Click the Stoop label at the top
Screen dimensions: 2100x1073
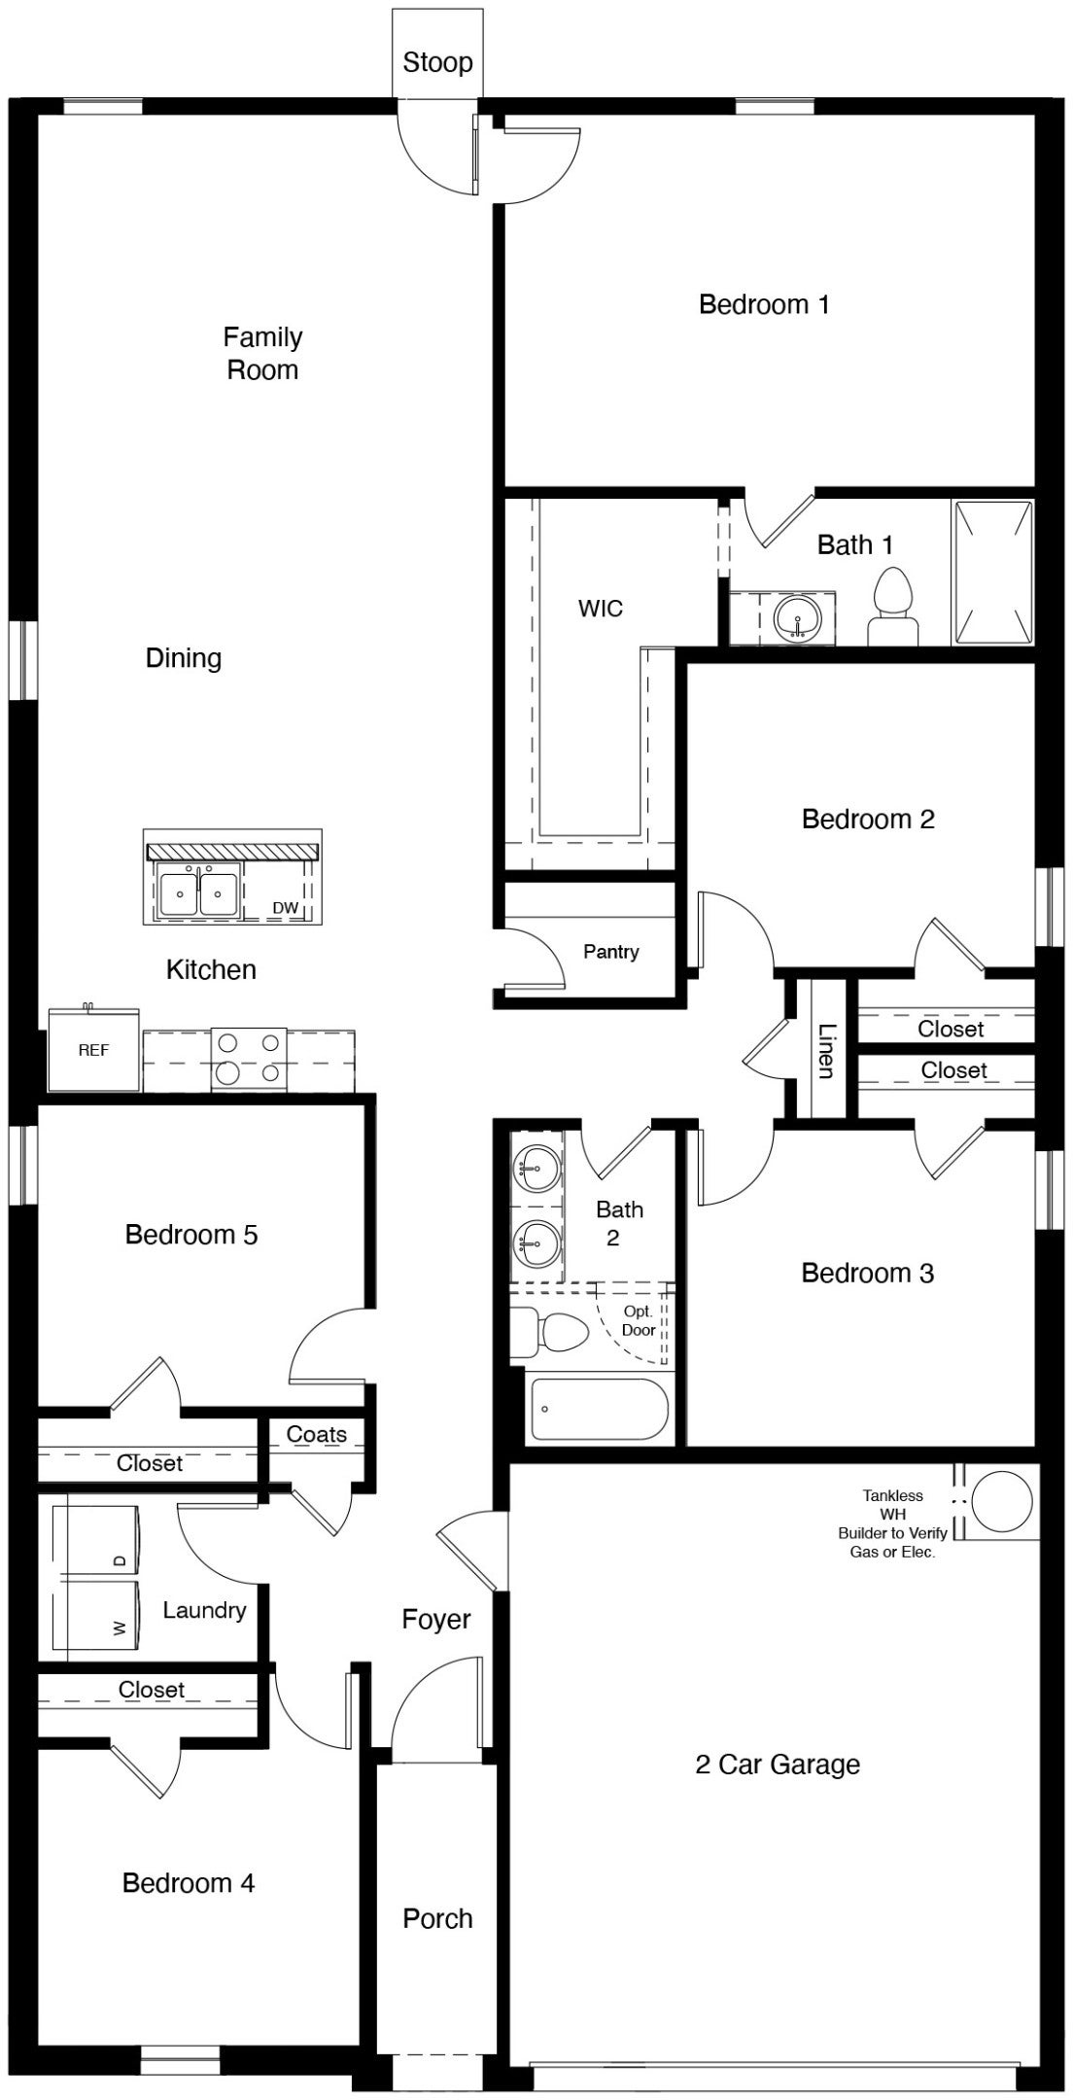(x=437, y=63)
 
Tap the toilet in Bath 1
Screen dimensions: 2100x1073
(x=892, y=608)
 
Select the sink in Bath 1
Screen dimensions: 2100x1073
(x=798, y=618)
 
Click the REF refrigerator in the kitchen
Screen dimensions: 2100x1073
(x=93, y=1050)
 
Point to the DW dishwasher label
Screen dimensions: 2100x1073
(x=285, y=908)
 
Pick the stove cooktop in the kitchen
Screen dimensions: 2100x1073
(x=249, y=1058)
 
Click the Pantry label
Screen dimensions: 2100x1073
(x=610, y=952)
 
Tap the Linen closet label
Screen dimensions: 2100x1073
(x=825, y=1050)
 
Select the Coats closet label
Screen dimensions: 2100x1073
(x=317, y=1435)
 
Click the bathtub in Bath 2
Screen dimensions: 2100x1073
(x=599, y=1409)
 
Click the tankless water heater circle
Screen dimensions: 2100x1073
(x=1003, y=1501)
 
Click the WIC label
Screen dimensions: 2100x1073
(x=600, y=610)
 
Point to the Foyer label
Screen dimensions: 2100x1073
(x=436, y=1620)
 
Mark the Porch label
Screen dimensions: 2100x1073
(x=437, y=1918)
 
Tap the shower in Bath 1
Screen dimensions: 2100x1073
(x=992, y=573)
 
